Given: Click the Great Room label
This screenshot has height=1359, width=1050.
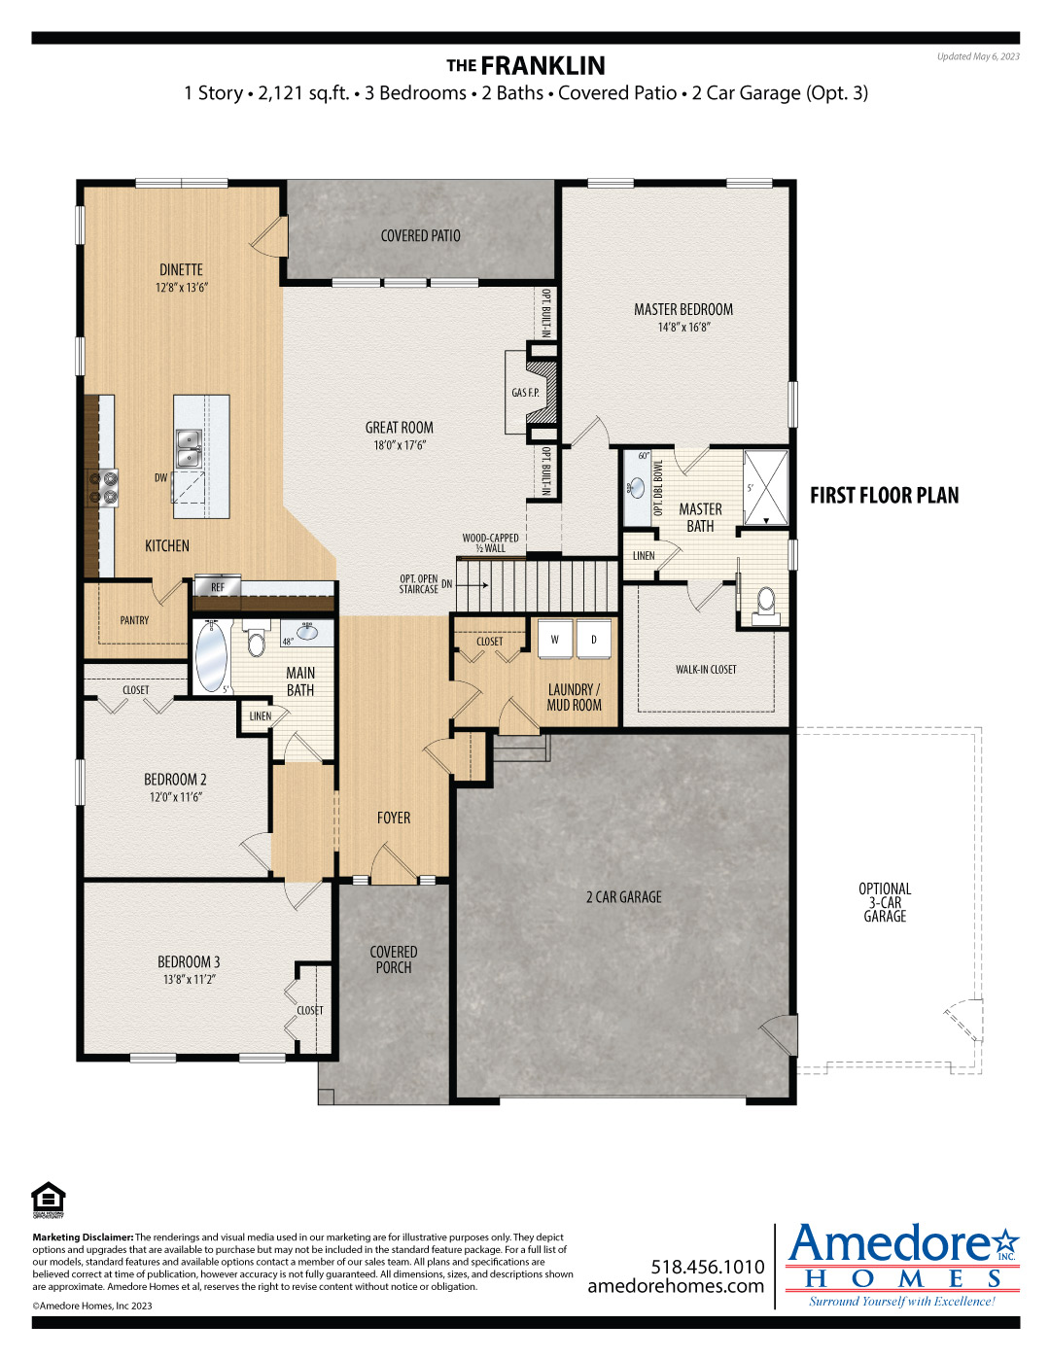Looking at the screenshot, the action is (x=399, y=428).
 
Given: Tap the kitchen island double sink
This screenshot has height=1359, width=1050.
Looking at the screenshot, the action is (x=189, y=448).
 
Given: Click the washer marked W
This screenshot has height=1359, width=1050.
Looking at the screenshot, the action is (x=555, y=639).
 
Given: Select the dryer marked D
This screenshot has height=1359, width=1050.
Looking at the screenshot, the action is (x=593, y=639).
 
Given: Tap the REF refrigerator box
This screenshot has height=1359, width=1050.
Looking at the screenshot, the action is (x=217, y=586).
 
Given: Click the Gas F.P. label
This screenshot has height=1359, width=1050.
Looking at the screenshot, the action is (x=525, y=393).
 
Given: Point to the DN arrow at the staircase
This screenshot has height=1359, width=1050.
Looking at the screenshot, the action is (x=477, y=585).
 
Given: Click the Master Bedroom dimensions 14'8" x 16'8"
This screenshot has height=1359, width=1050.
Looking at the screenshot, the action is (x=683, y=327).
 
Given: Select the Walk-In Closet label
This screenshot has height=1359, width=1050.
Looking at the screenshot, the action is (x=706, y=670).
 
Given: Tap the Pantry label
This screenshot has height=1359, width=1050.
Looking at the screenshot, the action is (x=134, y=620).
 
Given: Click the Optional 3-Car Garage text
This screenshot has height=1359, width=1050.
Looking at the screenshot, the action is (x=885, y=902).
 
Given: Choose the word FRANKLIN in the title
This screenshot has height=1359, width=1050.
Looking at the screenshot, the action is (x=542, y=66).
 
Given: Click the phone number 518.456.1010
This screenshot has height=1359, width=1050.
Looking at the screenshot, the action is (x=708, y=1267).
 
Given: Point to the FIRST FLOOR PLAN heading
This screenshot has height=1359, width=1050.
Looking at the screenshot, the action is (x=885, y=496).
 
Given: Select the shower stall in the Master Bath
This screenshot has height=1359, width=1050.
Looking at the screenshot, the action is (x=765, y=487).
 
